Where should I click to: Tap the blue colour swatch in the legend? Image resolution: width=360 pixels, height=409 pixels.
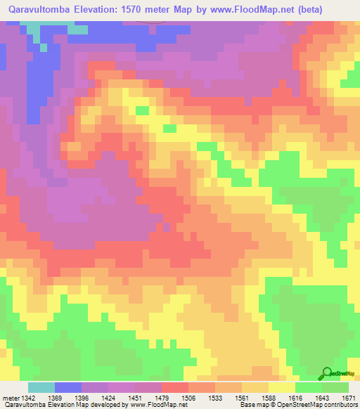click(67, 387)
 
